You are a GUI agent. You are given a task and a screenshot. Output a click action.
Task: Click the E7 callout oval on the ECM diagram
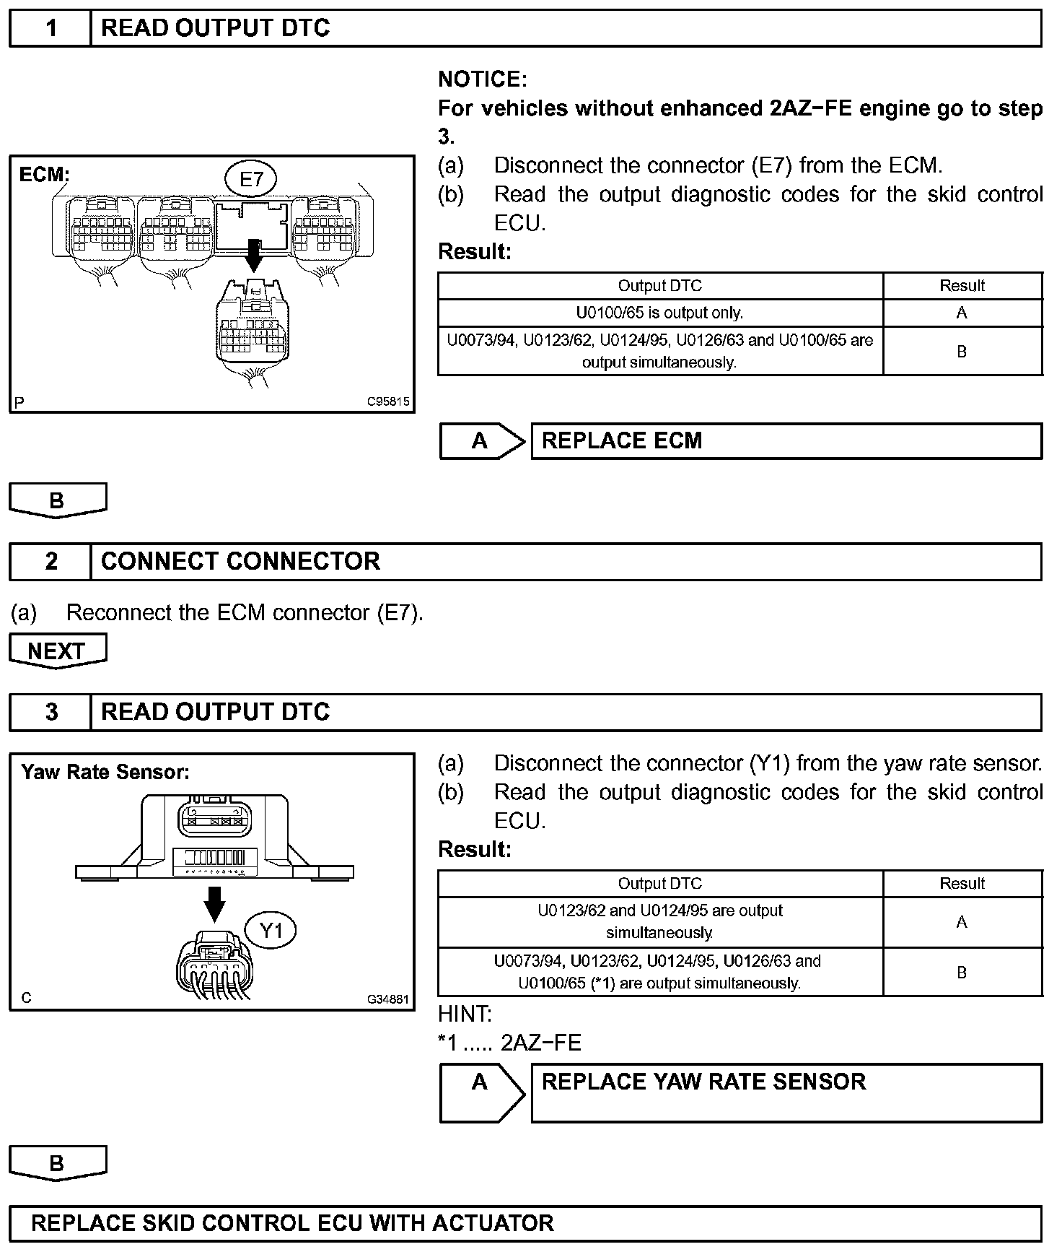point(250,178)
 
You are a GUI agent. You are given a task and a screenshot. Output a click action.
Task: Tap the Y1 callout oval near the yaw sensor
point(271,931)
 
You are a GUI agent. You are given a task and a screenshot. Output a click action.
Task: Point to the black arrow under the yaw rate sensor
point(214,903)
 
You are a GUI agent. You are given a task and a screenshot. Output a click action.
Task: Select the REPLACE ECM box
point(786,441)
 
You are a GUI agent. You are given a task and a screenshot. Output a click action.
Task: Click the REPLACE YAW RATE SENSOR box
point(786,1092)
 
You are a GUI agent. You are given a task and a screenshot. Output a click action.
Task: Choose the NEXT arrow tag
point(57,651)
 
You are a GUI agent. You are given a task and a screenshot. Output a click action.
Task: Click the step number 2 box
point(51,562)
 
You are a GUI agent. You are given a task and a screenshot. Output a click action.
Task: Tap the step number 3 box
point(51,713)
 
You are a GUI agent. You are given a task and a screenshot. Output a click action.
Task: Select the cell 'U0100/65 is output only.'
point(659,313)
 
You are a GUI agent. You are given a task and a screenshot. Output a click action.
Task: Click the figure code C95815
point(388,401)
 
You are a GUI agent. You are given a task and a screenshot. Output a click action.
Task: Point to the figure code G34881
point(388,999)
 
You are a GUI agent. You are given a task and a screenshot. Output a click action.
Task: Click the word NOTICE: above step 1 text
point(483,79)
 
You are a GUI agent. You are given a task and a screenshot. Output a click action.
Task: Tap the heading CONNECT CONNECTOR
point(240,562)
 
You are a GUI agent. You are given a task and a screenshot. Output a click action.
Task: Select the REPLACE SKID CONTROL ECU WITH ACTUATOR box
point(525,1223)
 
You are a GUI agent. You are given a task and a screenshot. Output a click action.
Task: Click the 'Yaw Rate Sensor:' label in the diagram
point(105,773)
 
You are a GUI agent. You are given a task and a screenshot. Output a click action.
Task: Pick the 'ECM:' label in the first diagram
point(44,175)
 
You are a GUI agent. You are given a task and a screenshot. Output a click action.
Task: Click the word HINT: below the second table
point(465,1014)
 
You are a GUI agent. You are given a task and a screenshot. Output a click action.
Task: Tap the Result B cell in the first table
point(962,352)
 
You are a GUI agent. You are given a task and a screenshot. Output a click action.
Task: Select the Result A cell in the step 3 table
point(962,922)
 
